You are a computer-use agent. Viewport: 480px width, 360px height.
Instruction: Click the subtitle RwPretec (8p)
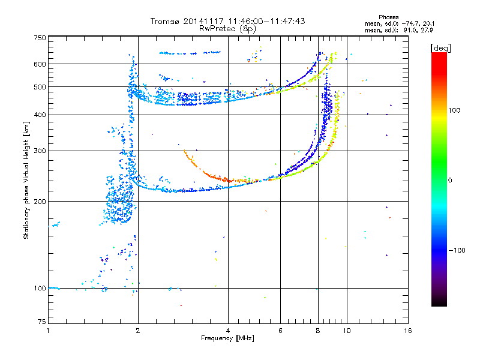[x=227, y=29]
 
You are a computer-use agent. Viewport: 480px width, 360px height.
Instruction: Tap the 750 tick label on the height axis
[x=40, y=38]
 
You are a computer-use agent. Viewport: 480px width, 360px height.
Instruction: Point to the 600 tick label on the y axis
[x=40, y=64]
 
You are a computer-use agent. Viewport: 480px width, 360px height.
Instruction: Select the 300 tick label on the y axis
[x=40, y=151]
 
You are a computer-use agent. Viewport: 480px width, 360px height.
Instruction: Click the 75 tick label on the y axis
[x=42, y=322]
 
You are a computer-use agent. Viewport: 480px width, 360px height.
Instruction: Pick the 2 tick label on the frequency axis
[x=138, y=331]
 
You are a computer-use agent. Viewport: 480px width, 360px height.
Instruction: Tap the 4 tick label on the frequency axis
[x=228, y=331]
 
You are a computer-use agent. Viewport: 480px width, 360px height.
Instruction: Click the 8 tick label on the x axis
[x=318, y=331]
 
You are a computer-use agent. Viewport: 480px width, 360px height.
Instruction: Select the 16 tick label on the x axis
[x=408, y=331]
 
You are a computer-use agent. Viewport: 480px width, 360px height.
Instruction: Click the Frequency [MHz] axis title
[x=227, y=338]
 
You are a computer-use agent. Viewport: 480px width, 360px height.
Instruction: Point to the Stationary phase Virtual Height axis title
[x=26, y=181]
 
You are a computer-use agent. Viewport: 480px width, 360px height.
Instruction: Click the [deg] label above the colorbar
[x=440, y=48]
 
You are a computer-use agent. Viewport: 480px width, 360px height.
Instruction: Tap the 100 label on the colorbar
[x=454, y=110]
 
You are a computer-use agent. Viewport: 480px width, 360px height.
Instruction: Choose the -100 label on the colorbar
[x=457, y=250]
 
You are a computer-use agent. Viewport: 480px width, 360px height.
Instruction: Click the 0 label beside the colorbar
[x=450, y=181]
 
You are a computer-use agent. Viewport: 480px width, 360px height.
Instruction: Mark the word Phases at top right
[x=389, y=17]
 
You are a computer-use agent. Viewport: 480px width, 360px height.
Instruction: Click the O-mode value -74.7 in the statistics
[x=410, y=23]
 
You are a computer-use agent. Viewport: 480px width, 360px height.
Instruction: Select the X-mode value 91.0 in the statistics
[x=411, y=30]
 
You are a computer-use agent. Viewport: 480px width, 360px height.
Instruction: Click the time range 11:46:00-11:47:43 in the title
[x=266, y=21]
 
